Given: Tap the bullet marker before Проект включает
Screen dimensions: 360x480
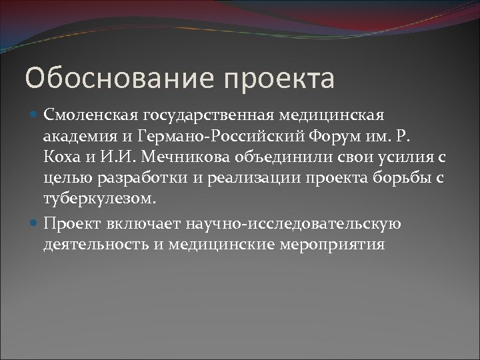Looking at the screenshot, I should coord(35,225).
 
